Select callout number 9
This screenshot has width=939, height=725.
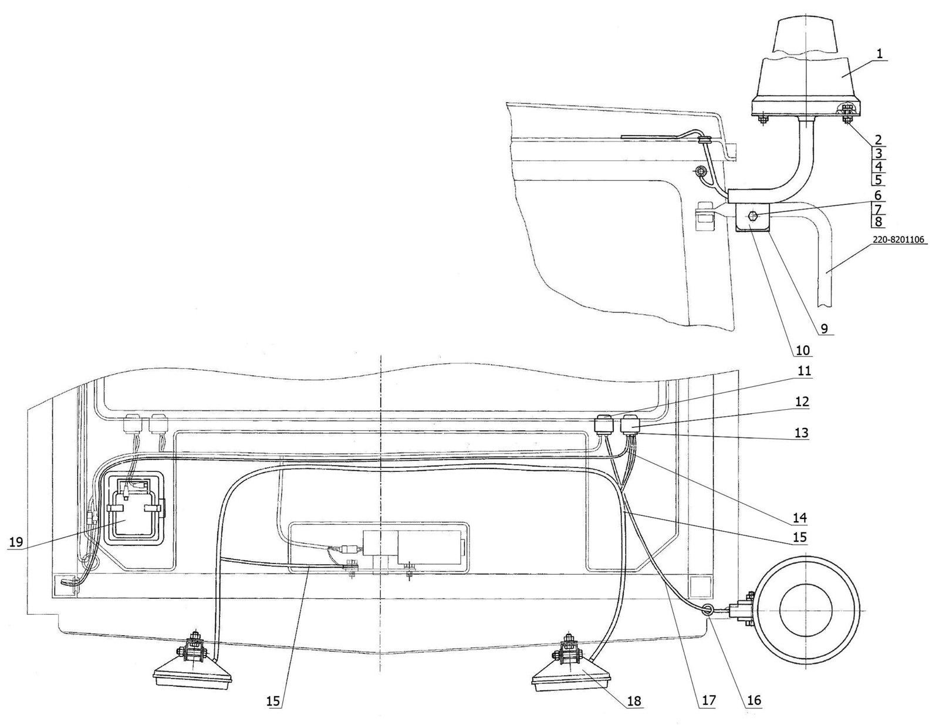tap(824, 329)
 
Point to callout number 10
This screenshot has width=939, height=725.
tap(803, 350)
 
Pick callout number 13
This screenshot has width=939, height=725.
tap(802, 433)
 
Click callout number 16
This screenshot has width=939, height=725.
tap(754, 700)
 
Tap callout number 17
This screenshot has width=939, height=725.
tap(708, 700)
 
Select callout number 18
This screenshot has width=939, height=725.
tap(634, 701)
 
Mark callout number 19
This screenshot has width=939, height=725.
tap(16, 542)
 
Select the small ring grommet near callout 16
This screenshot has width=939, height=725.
tap(708, 610)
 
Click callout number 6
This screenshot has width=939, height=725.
tap(878, 195)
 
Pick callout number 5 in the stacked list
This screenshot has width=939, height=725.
tap(878, 179)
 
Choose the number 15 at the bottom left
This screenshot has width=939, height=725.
tap(273, 700)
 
